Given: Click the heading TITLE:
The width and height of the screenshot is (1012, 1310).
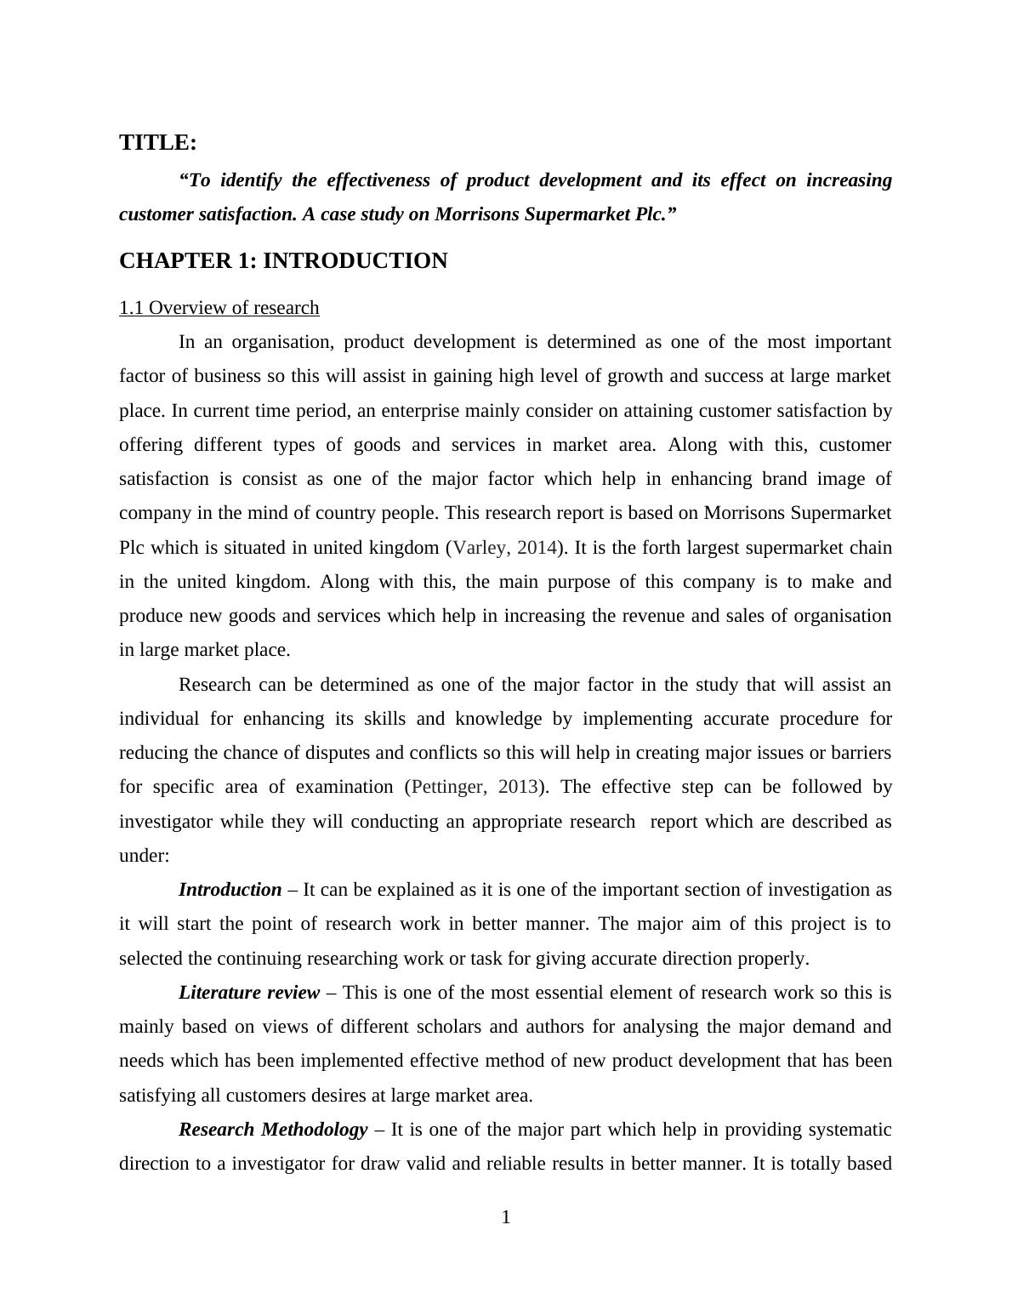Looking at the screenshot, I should click(158, 142).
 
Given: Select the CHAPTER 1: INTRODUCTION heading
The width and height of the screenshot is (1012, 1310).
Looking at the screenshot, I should click(283, 261).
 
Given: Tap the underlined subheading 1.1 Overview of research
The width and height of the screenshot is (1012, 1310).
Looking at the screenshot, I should click(219, 308).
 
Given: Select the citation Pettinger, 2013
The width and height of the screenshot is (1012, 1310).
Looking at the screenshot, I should click(475, 787).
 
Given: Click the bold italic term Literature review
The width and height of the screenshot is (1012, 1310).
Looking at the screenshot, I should click(249, 993).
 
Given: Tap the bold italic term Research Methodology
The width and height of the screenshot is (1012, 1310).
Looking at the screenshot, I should click(273, 1130).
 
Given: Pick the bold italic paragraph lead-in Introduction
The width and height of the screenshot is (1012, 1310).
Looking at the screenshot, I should click(230, 890).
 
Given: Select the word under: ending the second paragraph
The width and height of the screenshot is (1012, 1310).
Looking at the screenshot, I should click(145, 856).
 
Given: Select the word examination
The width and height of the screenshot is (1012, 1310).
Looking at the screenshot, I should click(344, 787).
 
